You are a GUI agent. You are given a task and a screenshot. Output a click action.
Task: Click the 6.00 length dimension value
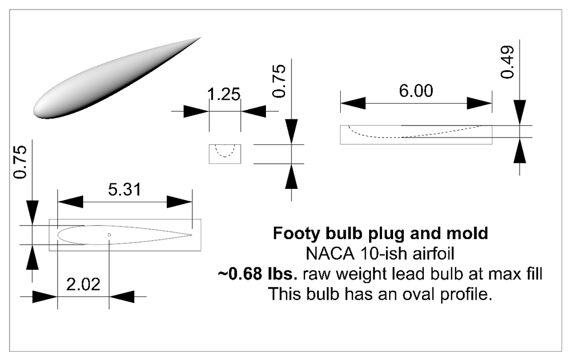(416, 91)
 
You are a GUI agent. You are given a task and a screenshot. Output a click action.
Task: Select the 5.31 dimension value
(124, 189)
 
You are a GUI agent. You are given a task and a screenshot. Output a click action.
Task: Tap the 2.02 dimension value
(83, 284)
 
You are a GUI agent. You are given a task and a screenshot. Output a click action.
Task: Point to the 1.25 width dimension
(224, 94)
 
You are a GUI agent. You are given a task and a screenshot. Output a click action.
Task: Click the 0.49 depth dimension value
(507, 62)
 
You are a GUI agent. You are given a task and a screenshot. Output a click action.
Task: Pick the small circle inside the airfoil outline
(109, 235)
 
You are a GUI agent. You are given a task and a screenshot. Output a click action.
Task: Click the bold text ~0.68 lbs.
(258, 274)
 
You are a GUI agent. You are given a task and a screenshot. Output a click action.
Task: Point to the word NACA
(330, 254)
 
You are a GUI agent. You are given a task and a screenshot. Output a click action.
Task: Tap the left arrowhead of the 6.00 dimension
(353, 104)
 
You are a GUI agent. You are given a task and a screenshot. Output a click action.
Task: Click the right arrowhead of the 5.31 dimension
(180, 202)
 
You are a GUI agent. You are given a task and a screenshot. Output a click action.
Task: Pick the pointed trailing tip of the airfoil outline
(192, 235)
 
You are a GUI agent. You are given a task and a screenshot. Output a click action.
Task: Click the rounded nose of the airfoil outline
(58, 235)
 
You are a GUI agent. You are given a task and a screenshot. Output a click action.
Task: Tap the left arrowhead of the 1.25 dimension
(196, 111)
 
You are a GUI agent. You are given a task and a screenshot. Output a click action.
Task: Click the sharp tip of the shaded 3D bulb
(201, 37)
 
